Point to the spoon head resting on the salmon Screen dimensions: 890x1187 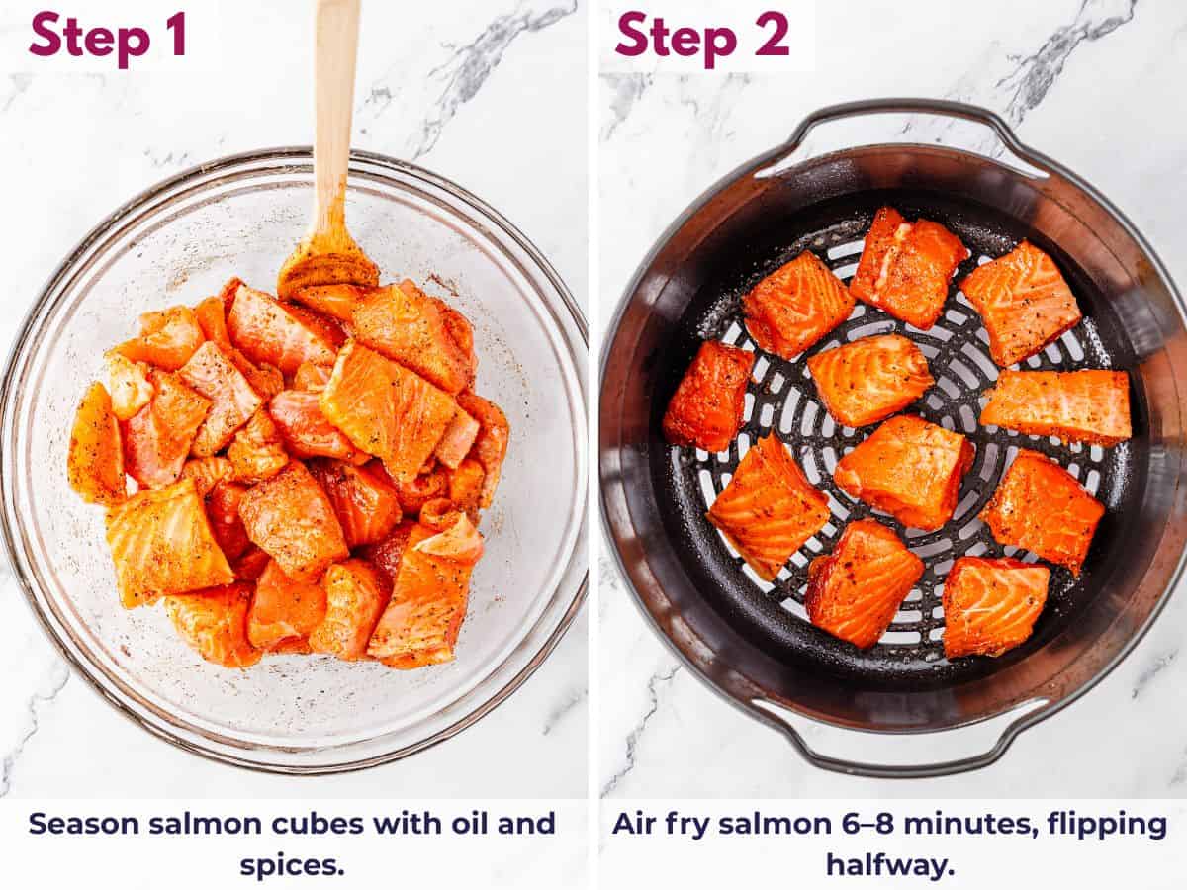(326, 262)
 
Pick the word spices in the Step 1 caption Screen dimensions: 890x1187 (292, 865)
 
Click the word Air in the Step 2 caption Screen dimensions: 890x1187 (634, 824)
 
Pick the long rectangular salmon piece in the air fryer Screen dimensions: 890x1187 (1056, 405)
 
